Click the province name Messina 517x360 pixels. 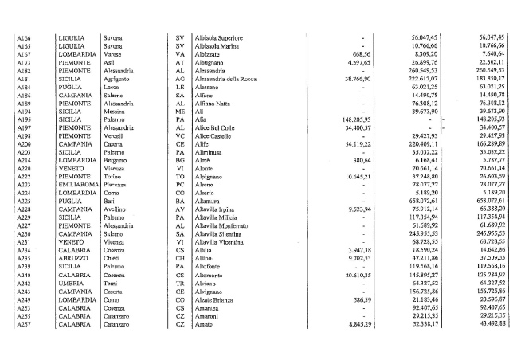click(x=116, y=113)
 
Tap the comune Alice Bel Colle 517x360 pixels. click(x=215, y=127)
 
